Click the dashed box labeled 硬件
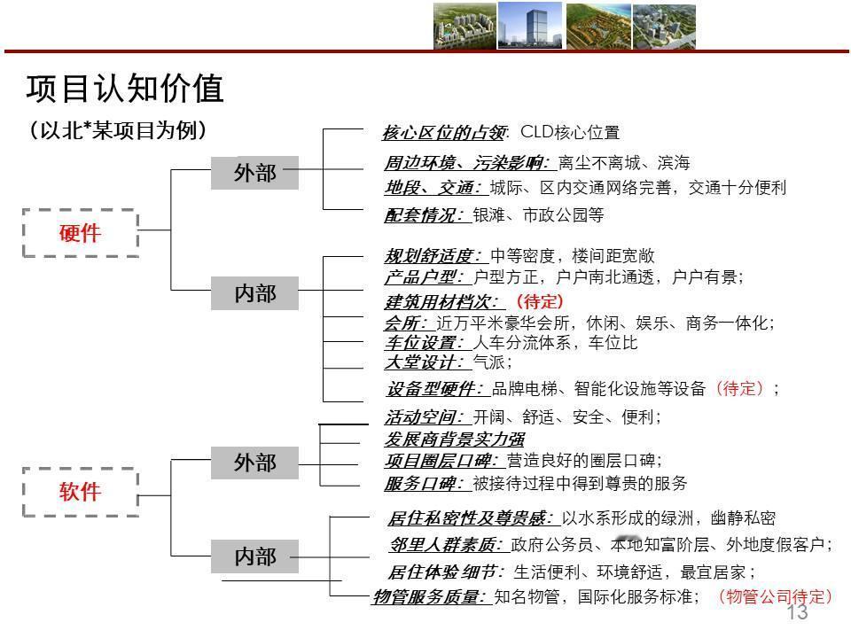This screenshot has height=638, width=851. click(80, 233)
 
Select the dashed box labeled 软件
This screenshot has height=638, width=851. click(80, 491)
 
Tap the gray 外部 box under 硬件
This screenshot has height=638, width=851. click(254, 173)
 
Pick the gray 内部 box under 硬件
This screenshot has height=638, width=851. click(254, 292)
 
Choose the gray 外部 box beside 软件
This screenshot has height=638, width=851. click(254, 463)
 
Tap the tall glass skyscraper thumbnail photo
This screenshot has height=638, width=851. click(528, 25)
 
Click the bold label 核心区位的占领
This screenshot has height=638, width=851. click(444, 133)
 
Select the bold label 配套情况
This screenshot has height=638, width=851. click(424, 214)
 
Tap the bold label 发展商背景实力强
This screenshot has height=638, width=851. click(454, 439)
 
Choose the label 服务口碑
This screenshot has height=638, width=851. click(424, 483)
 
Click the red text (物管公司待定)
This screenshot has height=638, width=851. click(774, 596)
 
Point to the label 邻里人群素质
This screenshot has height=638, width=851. click(446, 544)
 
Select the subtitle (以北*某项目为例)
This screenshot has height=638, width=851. click(118, 130)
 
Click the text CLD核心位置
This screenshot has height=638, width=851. click(570, 133)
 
